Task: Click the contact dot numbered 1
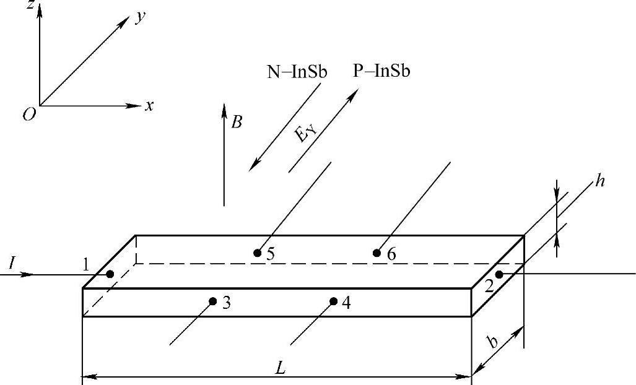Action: [x=110, y=274]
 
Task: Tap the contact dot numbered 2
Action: [x=499, y=274]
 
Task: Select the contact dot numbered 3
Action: [x=212, y=301]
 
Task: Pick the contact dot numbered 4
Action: [x=333, y=301]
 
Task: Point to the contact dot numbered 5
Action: [x=257, y=253]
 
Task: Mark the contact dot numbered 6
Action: [x=376, y=253]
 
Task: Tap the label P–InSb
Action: [x=381, y=71]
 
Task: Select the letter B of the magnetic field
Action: [x=236, y=123]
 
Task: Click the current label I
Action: [x=12, y=264]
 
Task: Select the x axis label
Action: [x=149, y=106]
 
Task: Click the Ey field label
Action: [x=303, y=132]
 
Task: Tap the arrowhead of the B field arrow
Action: [x=224, y=110]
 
